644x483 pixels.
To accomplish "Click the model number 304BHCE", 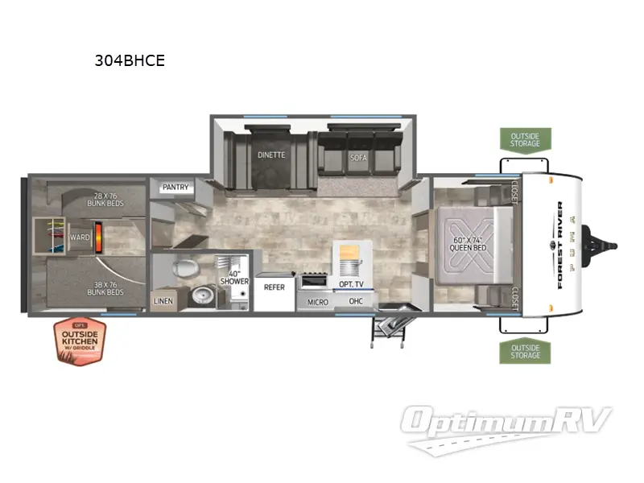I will pos(130,60).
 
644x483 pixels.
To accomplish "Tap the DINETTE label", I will pos(271,155).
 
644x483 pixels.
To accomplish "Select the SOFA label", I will pos(358,158).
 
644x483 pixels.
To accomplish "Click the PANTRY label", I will pos(175,188).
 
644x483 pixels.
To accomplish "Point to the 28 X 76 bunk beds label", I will pos(105,200).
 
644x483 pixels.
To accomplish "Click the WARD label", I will pos(80,237).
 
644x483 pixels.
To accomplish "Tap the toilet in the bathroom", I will pos(184,269).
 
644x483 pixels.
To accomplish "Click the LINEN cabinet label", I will pos(162,302).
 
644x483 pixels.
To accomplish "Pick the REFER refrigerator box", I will pos(275,287).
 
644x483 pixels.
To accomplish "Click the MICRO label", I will pos(317,302).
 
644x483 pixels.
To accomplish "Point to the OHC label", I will pos(356,302).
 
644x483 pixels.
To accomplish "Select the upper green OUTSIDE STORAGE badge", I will pos(526,139).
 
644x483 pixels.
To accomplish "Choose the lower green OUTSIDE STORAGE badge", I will pos(526,350).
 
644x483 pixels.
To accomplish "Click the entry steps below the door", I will pos(388,326).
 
